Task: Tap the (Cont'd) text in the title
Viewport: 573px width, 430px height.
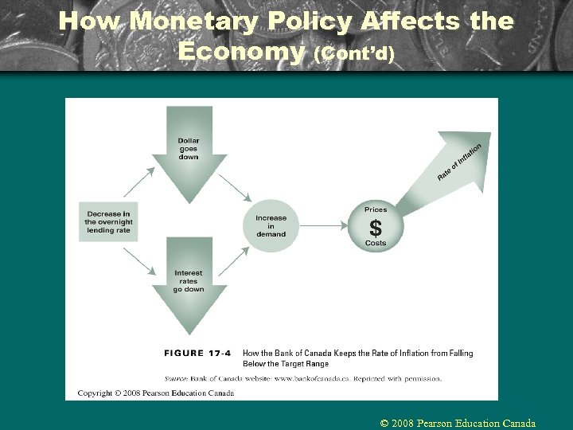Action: (x=354, y=54)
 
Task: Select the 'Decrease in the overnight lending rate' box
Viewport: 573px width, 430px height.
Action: (x=108, y=221)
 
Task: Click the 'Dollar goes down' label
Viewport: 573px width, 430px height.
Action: (x=189, y=149)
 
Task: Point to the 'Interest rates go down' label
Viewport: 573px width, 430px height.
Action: (x=189, y=281)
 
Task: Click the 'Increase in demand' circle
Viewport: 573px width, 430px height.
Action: (x=271, y=226)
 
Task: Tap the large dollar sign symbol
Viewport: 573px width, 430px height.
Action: (x=376, y=226)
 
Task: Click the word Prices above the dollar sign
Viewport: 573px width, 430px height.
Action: (x=376, y=209)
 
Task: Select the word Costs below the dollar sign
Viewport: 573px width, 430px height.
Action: (x=376, y=243)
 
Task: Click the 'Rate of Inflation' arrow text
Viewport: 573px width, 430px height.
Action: (x=459, y=162)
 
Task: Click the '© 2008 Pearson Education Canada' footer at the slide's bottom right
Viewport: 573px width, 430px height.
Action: (x=458, y=423)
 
